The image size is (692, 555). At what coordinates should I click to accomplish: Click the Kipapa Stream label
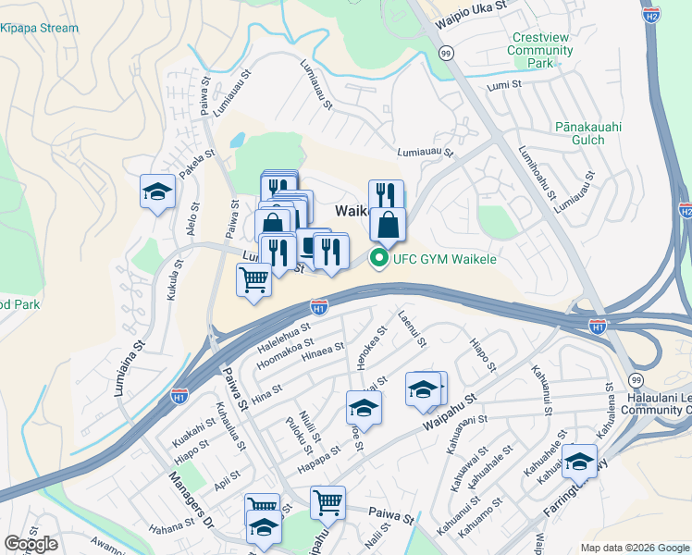point(40,29)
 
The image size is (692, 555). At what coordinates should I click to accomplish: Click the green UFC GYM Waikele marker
point(377,259)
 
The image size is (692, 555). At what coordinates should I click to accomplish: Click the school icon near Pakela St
point(157,191)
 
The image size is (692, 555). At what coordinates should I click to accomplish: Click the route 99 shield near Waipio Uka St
point(446,55)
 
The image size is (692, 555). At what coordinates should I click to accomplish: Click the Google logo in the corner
point(31,543)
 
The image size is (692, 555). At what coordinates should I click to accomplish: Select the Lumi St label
point(504,84)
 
